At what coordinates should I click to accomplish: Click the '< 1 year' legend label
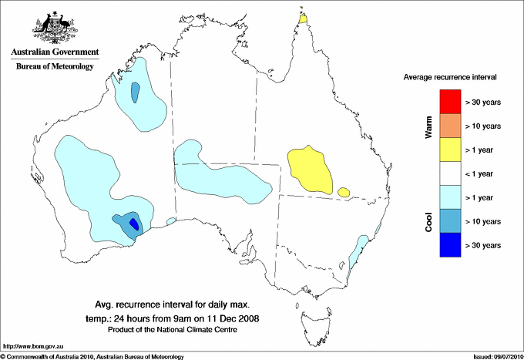click(x=483, y=173)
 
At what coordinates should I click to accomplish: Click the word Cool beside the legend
click(x=429, y=220)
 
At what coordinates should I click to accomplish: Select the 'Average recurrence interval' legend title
click(x=450, y=78)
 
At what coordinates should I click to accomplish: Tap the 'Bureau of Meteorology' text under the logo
click(x=55, y=67)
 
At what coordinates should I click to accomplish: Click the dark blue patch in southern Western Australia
click(x=134, y=224)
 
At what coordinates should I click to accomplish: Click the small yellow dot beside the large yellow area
click(x=344, y=190)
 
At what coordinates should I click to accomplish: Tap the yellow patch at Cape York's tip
click(x=304, y=18)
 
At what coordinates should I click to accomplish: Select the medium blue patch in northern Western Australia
click(x=136, y=93)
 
